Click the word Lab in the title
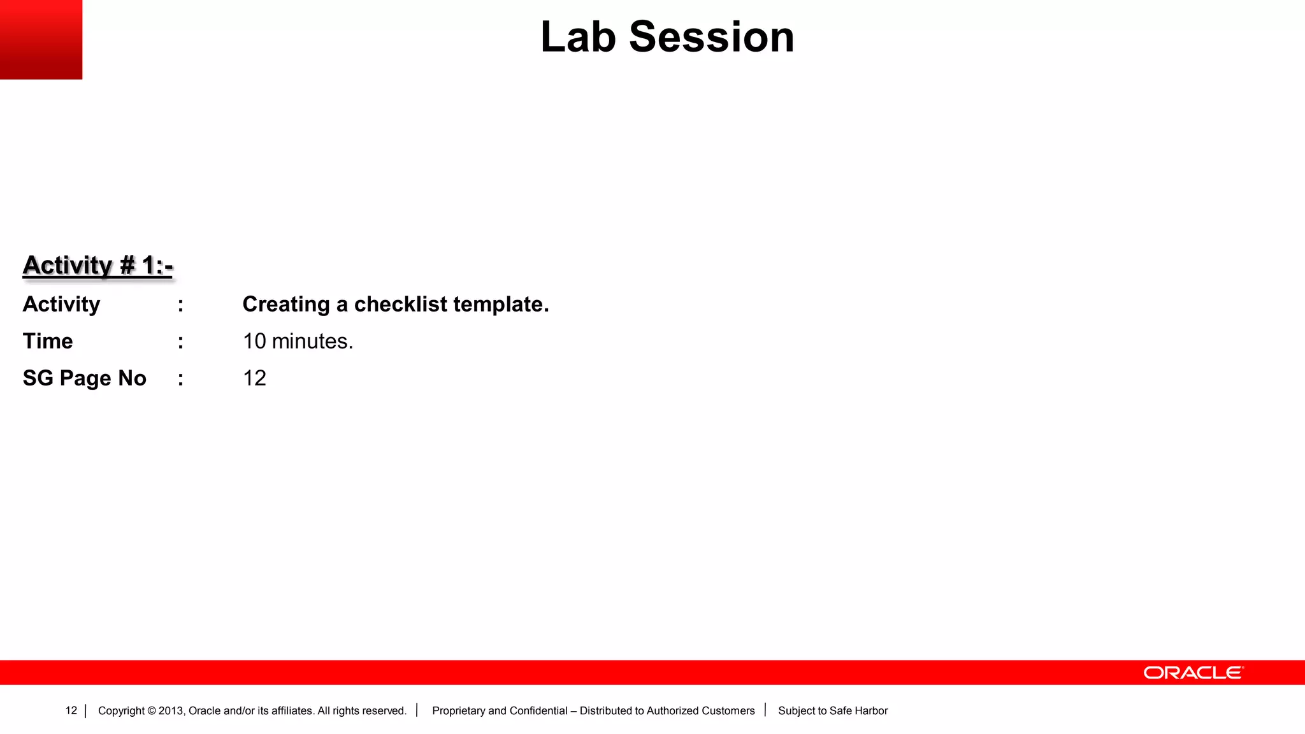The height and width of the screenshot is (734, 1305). (x=578, y=37)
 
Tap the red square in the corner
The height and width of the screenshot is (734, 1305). (x=41, y=39)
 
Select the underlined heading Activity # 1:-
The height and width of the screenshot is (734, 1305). (x=97, y=265)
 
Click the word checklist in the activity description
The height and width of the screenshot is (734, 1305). (x=400, y=305)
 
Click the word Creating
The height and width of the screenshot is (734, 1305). (x=285, y=305)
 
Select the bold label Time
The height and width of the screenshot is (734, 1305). (x=48, y=342)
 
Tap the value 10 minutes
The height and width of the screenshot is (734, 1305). (x=298, y=342)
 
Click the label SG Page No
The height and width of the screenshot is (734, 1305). (x=84, y=378)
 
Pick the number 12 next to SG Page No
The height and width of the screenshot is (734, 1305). (x=254, y=378)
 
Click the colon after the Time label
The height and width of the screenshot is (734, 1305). (x=181, y=342)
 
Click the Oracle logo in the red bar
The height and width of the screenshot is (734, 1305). (x=1193, y=673)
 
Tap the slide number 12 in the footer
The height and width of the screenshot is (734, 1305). (x=71, y=710)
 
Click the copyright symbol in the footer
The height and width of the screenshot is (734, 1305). (x=152, y=711)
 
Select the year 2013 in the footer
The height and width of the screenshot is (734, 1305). (x=171, y=711)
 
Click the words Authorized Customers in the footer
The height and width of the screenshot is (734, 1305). (x=700, y=711)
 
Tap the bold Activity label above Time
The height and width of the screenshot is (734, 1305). (x=61, y=305)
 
